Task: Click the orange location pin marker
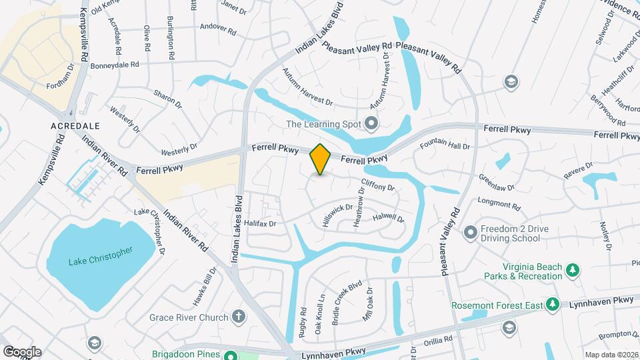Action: coord(321,159)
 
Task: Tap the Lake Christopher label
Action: coord(101,255)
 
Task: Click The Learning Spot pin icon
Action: coord(371,123)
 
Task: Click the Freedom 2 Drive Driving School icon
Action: coord(471,233)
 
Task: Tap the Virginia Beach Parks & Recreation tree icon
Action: coord(571,270)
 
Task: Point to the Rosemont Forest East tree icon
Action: coord(551,305)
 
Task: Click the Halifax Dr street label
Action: coord(260,223)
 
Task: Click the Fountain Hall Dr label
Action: coord(445,145)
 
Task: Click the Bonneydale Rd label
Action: coord(114,65)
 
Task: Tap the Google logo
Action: coord(22,352)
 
